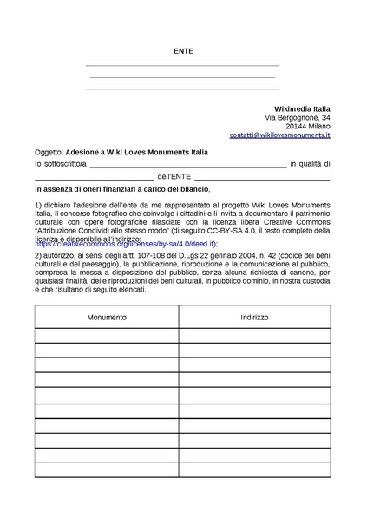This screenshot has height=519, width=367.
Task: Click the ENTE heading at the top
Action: (x=183, y=51)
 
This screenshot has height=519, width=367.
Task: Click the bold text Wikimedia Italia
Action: (x=298, y=108)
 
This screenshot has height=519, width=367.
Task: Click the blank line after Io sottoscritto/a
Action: (x=187, y=163)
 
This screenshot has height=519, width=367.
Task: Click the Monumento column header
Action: (x=107, y=318)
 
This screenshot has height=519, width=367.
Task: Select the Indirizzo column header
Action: (x=254, y=318)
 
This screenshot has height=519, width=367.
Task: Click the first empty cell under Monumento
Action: (x=107, y=337)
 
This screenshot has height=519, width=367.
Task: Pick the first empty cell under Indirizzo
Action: (x=254, y=337)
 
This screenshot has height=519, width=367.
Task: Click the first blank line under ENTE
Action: (x=182, y=65)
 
